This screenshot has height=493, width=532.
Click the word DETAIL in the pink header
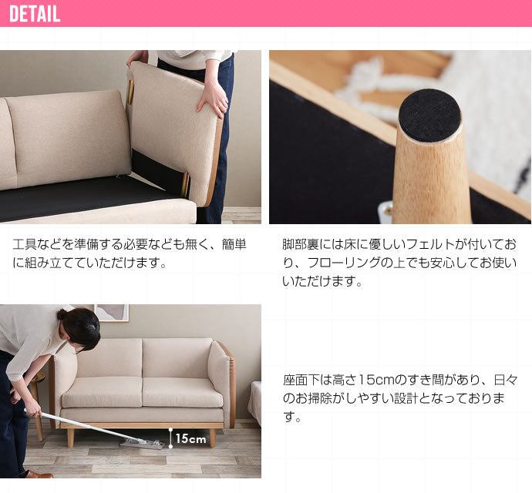pyautogui.click(x=35, y=14)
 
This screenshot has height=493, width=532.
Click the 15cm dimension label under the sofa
pyautogui.click(x=190, y=439)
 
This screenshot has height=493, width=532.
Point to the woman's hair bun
pyautogui.click(x=62, y=314)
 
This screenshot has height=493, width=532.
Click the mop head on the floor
pyautogui.click(x=142, y=442)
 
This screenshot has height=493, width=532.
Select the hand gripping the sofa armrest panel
pyautogui.click(x=212, y=101)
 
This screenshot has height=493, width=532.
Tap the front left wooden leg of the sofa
pyautogui.click(x=71, y=438)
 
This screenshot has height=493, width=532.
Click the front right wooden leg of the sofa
pyautogui.click(x=212, y=438)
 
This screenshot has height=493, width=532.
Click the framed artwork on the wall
pyautogui.click(x=111, y=313)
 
